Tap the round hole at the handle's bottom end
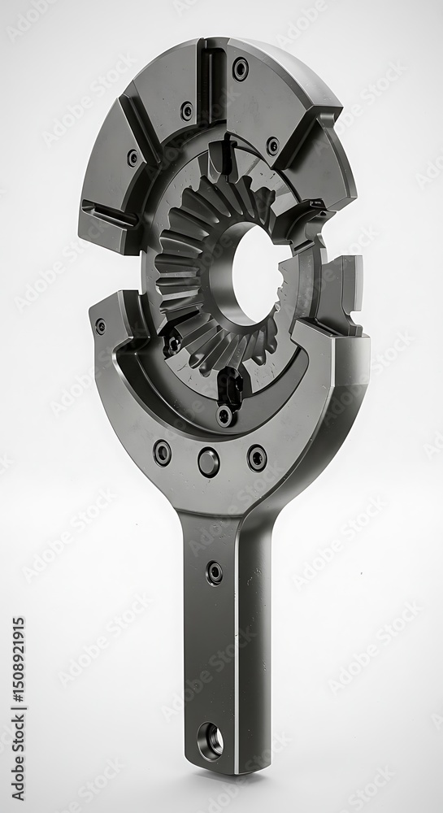[x=211, y=739]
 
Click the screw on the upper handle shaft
[x=214, y=572]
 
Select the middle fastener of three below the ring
[x=208, y=462]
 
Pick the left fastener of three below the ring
[x=163, y=452]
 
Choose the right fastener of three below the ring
[x=257, y=458]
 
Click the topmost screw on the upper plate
[x=241, y=69]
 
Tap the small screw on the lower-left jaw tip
[x=100, y=326]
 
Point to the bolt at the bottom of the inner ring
[x=225, y=415]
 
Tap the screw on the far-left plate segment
[x=132, y=158]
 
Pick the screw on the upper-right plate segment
[x=272, y=146]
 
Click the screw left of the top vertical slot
[x=187, y=111]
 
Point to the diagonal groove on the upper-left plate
[x=138, y=130]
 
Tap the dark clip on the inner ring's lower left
[x=172, y=342]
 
